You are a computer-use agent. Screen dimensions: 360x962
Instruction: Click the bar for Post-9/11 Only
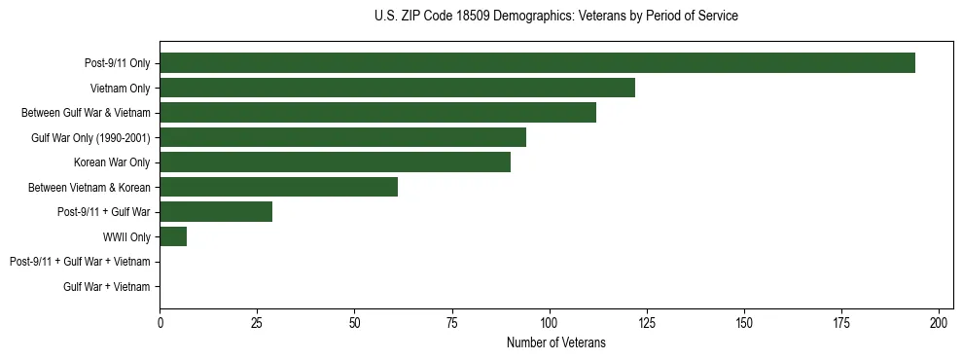pyautogui.click(x=537, y=62)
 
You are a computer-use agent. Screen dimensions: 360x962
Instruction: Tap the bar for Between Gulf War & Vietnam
pyautogui.click(x=377, y=112)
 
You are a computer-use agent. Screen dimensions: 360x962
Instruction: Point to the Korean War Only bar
pyautogui.click(x=335, y=162)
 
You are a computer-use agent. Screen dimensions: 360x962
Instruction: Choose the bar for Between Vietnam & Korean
pyautogui.click(x=278, y=187)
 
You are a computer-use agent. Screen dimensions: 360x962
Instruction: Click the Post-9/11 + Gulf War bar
pyautogui.click(x=216, y=211)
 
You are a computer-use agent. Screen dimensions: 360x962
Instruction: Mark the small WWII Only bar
pyautogui.click(x=173, y=236)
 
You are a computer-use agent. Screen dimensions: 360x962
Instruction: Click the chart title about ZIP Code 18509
pyautogui.click(x=555, y=17)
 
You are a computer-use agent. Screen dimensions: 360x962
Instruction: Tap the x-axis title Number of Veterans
pyautogui.click(x=555, y=342)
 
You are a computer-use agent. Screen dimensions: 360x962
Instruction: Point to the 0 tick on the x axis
pyautogui.click(x=160, y=322)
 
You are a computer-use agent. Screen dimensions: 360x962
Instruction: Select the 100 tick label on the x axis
pyautogui.click(x=550, y=322)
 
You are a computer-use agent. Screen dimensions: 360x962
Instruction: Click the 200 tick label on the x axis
pyautogui.click(x=939, y=322)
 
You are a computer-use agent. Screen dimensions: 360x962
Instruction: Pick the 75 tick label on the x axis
pyautogui.click(x=451, y=322)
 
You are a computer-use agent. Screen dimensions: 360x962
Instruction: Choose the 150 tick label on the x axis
pyautogui.click(x=744, y=322)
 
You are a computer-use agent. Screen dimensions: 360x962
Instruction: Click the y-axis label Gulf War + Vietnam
pyautogui.click(x=106, y=286)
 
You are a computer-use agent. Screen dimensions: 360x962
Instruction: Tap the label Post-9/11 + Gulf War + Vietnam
pyautogui.click(x=80, y=262)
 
